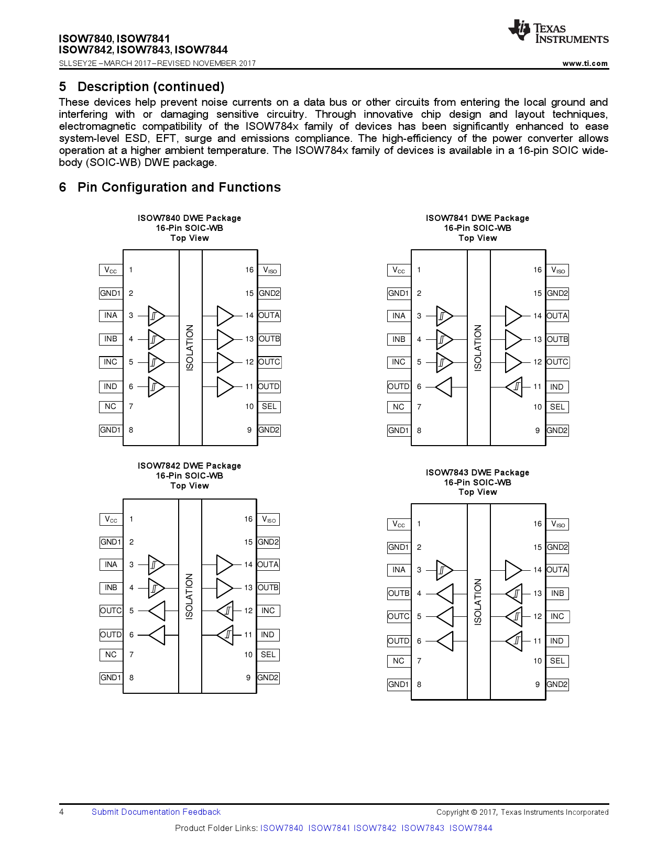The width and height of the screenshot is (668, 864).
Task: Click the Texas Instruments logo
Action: (558, 32)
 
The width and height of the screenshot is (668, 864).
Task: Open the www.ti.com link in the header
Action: (585, 63)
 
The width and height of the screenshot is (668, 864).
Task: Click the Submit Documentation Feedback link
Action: (156, 812)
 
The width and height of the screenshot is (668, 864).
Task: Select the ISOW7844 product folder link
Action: (470, 828)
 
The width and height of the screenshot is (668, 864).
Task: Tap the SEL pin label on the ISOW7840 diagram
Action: (269, 407)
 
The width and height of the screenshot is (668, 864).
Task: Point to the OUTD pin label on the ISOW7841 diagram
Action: (398, 387)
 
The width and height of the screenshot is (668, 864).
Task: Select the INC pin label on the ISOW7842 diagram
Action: (268, 611)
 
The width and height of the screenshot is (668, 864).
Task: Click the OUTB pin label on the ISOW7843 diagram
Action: (398, 594)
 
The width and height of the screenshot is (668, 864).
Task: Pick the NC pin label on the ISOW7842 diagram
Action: (111, 655)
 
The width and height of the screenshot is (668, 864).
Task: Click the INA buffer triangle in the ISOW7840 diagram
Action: (156, 316)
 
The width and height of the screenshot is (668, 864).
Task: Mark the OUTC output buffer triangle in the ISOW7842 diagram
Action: (157, 611)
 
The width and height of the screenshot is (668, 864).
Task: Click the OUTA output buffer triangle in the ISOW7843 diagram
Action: (513, 570)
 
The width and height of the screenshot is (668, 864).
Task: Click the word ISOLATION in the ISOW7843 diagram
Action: (478, 602)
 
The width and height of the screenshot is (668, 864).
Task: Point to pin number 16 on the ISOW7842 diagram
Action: (248, 519)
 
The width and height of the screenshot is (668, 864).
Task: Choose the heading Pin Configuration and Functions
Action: (179, 187)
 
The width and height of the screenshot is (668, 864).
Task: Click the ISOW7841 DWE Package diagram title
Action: (477, 218)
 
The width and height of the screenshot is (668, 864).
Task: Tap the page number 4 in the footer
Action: (62, 812)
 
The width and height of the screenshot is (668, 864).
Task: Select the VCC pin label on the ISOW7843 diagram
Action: (398, 524)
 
